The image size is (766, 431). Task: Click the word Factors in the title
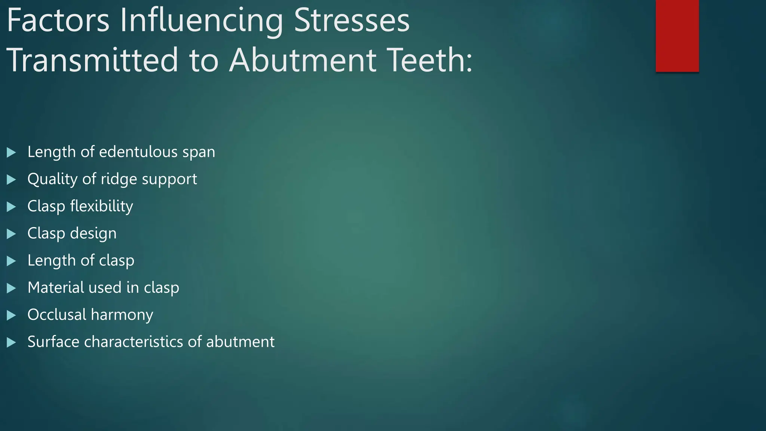58,21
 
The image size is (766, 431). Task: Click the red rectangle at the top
677,36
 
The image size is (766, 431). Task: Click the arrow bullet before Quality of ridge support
11,180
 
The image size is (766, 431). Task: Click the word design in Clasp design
93,234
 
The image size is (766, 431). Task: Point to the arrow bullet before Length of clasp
11,261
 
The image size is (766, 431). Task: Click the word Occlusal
57,315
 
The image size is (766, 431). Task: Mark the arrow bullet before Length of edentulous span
11,152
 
